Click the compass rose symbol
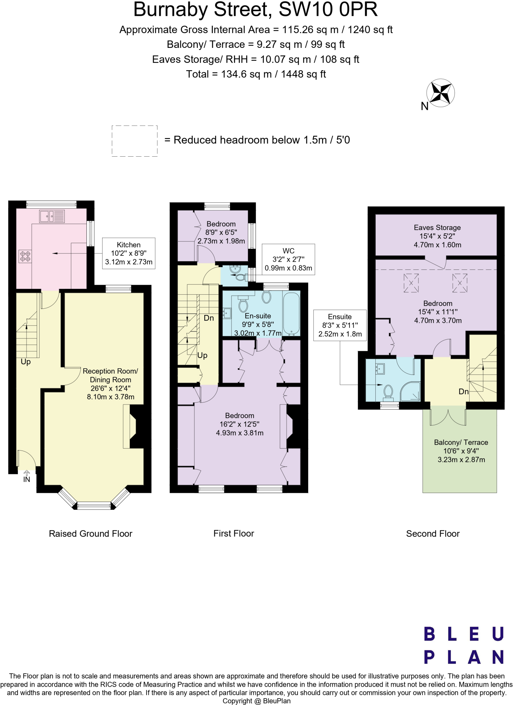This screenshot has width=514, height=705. pos(440,93)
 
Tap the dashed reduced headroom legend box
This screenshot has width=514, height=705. pos(135,141)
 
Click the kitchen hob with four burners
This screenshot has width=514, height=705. pos(25,256)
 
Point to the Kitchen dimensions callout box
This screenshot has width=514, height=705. pos(129,253)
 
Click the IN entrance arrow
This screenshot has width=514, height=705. pos(26,477)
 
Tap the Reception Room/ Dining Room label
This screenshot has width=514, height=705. pos(110,375)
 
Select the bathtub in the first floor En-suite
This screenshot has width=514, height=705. pos(291,314)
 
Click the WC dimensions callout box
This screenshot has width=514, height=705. pos(288,260)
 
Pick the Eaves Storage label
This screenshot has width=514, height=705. pos(437,228)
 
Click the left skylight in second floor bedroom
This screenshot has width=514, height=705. pos(411,283)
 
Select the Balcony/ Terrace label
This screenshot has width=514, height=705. pos(461,442)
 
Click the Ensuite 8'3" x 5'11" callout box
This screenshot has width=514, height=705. pos(340,325)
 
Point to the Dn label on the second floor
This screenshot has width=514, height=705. pos(463,391)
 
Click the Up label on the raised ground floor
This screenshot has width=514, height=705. pos(26,362)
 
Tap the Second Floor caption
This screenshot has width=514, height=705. pos(432,534)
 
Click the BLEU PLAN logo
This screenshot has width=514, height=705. pos(464,645)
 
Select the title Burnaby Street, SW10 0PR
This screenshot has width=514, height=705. pos(255,10)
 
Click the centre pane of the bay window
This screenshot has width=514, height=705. pos(94,506)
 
